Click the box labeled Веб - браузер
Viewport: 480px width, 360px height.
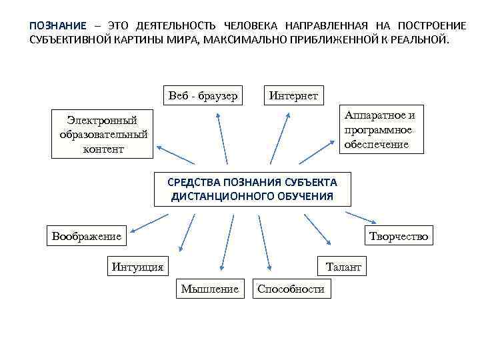203,95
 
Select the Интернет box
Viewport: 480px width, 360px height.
293,95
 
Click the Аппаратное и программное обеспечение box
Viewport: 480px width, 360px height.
379,130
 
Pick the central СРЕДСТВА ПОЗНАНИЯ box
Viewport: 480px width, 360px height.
252,189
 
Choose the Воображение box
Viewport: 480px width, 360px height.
87,235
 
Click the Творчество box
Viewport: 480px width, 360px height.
399,235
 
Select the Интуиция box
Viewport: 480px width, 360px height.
137,267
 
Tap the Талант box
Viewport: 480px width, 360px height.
343,267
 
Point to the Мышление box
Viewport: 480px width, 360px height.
209,289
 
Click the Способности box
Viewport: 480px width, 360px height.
291,289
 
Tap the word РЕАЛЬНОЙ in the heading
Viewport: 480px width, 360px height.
423,39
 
